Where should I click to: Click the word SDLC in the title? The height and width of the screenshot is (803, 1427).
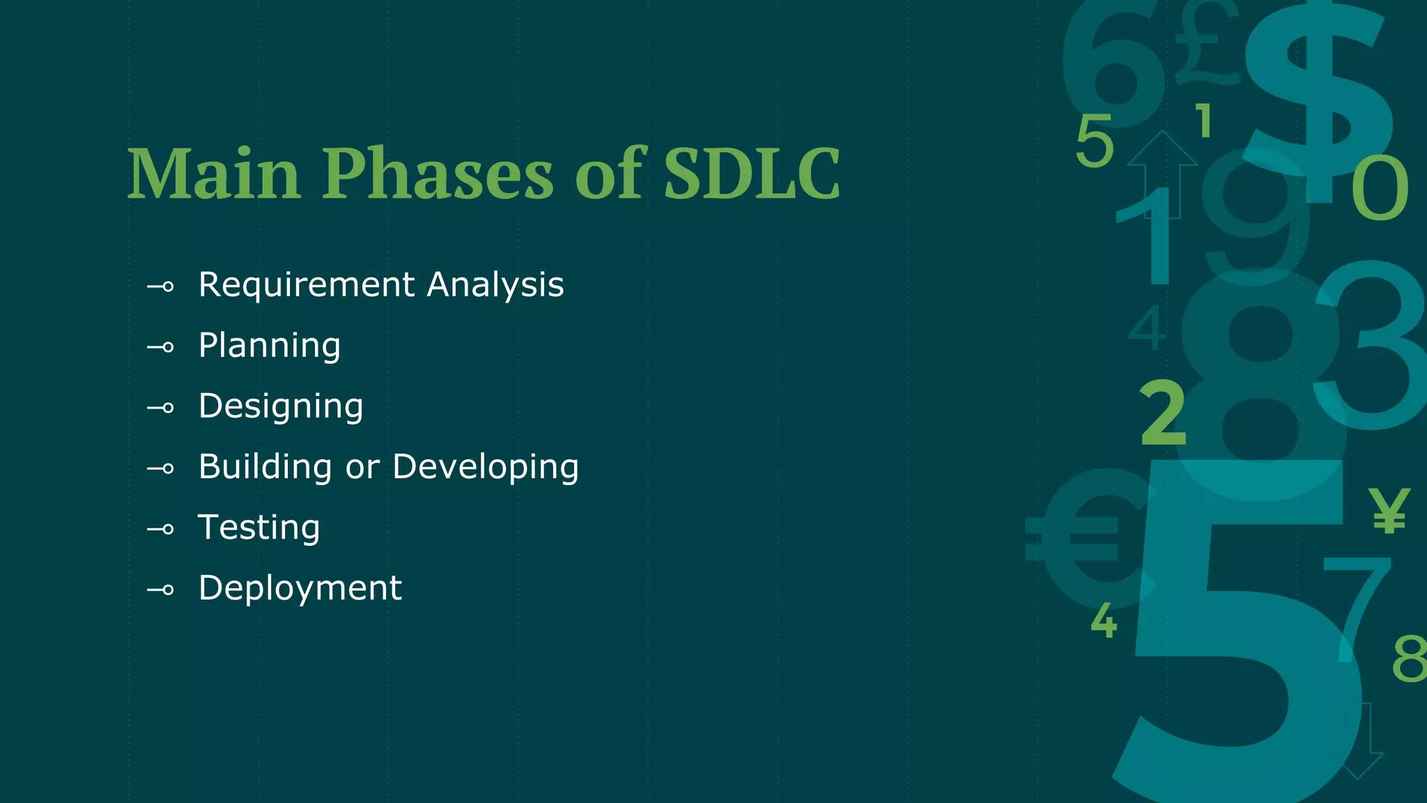(751, 174)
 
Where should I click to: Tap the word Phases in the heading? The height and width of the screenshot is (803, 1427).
(438, 174)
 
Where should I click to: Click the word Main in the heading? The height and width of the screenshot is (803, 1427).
(214, 174)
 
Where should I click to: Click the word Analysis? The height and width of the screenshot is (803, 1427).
(495, 285)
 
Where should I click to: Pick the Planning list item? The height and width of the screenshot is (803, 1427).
(270, 346)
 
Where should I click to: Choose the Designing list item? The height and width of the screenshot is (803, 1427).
(281, 407)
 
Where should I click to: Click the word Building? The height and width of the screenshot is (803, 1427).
(265, 467)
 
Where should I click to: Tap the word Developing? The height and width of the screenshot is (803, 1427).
(486, 468)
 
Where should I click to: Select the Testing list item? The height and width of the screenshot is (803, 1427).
(259, 528)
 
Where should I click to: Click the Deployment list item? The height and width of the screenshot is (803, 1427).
(300, 589)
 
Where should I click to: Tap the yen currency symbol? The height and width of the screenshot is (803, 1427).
(1389, 511)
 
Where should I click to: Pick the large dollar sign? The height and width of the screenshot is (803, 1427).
(1317, 91)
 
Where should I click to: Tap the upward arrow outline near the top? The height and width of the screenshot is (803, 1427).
(1162, 167)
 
